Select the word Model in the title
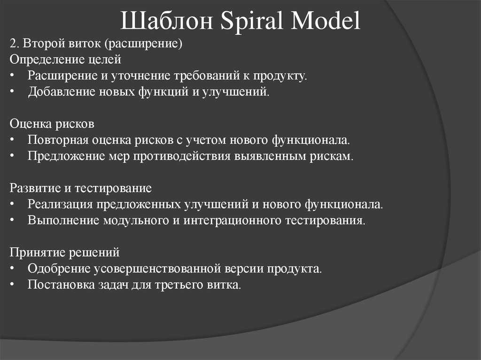point(326,23)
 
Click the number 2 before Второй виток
point(12,44)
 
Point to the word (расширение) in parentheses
point(143,44)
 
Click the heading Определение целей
point(65,60)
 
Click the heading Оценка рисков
point(52,124)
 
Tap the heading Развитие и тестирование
point(80,188)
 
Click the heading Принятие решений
point(64,253)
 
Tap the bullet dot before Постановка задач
point(12,285)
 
